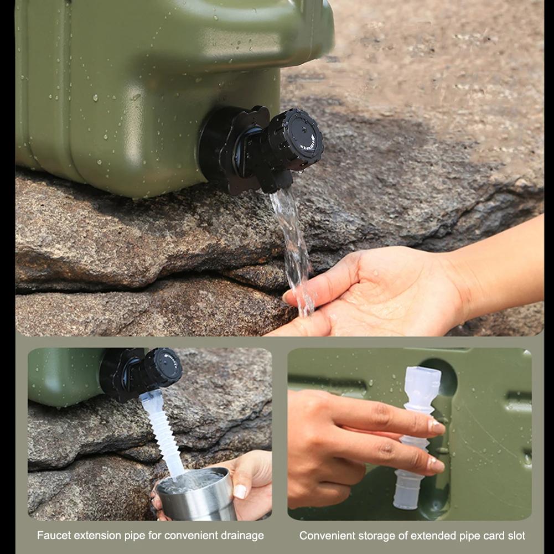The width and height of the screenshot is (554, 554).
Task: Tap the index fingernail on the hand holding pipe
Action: coord(437,427)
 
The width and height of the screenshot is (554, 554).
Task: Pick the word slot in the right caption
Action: coord(515,536)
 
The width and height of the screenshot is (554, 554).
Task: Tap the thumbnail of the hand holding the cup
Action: coord(240,491)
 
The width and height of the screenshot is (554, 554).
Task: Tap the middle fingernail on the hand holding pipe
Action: coord(436,464)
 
